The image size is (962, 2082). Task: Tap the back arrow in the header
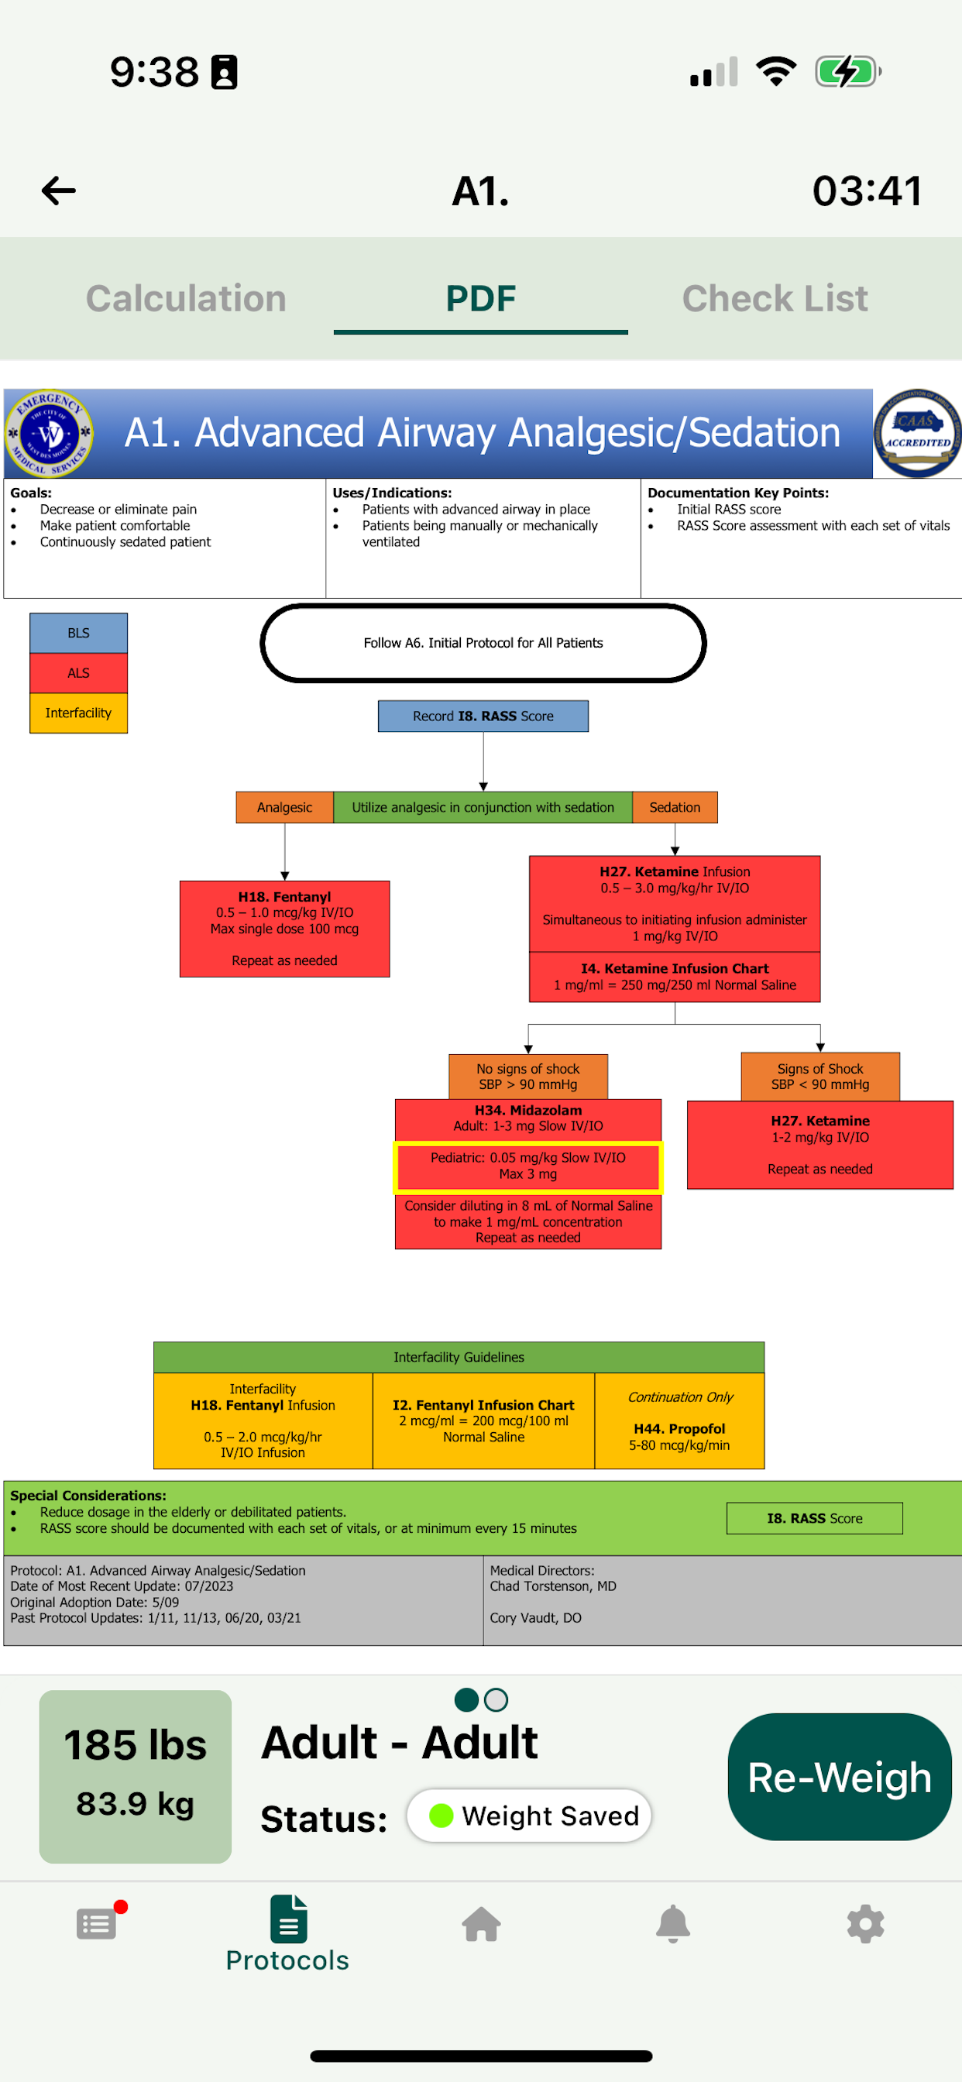click(x=59, y=191)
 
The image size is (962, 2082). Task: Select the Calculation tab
click(x=186, y=298)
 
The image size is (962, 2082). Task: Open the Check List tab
click(x=775, y=298)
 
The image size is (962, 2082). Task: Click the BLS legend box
click(x=78, y=633)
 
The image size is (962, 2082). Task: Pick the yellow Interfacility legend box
click(x=78, y=713)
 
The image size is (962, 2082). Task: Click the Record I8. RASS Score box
click(x=483, y=716)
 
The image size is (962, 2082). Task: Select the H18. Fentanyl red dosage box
click(x=284, y=929)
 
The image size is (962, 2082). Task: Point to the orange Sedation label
click(x=674, y=807)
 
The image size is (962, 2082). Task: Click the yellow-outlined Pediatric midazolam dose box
click(x=528, y=1166)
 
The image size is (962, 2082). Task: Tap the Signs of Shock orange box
click(x=819, y=1077)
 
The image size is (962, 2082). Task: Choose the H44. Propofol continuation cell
click(x=679, y=1421)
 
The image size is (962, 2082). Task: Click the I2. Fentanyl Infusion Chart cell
click(x=483, y=1421)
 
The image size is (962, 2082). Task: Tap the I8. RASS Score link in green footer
click(x=814, y=1519)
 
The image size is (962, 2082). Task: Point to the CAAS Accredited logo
click(x=917, y=433)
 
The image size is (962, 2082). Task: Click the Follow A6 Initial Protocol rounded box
click(x=483, y=644)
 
